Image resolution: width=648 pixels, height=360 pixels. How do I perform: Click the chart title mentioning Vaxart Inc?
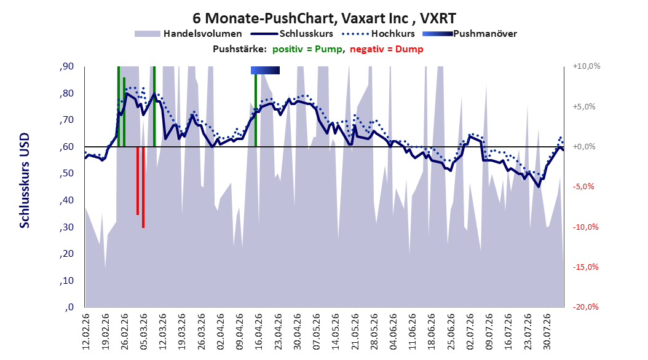[324, 18]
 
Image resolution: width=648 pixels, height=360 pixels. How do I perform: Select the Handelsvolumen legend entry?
[188, 34]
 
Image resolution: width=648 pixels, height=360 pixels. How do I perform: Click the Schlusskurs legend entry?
[292, 34]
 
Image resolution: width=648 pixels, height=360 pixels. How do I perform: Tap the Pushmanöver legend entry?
[470, 34]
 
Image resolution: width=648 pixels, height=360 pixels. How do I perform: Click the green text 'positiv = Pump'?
[307, 49]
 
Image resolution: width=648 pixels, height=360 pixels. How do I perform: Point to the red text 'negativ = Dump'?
[387, 49]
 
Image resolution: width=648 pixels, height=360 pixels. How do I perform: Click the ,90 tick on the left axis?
[66, 66]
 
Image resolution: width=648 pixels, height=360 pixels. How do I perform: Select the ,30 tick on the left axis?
[66, 227]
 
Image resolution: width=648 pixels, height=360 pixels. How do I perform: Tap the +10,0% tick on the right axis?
[587, 66]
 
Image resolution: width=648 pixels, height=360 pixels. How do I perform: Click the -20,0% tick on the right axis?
[585, 307]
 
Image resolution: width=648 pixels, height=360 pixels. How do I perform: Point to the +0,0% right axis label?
[584, 147]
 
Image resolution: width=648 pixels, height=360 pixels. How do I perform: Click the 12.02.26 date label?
[85, 332]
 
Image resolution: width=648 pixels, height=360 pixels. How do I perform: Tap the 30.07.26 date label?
[547, 332]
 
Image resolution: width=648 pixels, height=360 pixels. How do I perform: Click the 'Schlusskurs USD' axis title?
[25, 181]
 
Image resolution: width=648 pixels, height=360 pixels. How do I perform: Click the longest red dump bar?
[143, 187]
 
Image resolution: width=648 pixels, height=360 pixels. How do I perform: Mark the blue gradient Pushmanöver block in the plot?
[266, 70]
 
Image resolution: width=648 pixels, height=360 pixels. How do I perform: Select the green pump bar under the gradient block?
[256, 110]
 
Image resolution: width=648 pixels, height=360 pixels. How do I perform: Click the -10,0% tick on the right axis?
[585, 227]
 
